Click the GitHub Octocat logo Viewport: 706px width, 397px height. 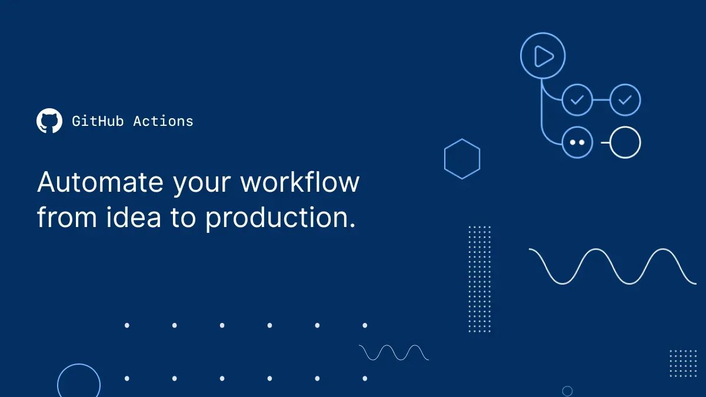tap(49, 121)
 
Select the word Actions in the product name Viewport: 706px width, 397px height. tap(163, 121)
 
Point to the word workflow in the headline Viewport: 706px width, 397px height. tap(299, 182)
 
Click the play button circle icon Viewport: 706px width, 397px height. tap(542, 56)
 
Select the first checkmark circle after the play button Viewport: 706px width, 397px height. tap(577, 100)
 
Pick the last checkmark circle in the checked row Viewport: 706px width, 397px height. tap(625, 100)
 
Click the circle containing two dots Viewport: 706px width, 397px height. tap(577, 142)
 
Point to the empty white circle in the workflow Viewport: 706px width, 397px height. tap(625, 142)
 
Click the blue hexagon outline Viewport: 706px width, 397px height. tap(462, 159)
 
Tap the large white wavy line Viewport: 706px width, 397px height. tap(612, 266)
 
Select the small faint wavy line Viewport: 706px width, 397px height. tap(394, 352)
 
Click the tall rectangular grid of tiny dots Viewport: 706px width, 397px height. tap(479, 279)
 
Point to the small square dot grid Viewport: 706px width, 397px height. tap(683, 363)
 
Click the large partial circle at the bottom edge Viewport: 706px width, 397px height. tap(79, 382)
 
